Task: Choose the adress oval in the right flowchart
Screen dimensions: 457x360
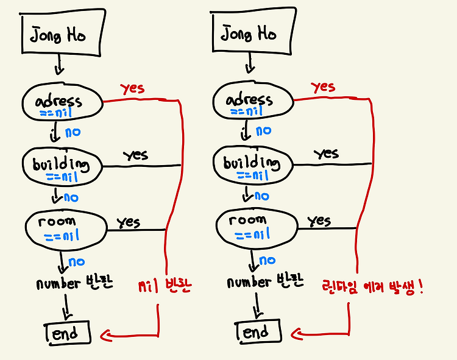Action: click(253, 102)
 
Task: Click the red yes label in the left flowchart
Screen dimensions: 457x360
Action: click(132, 89)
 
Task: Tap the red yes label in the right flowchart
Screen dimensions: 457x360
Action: click(323, 88)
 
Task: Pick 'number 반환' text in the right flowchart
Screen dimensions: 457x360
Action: click(264, 283)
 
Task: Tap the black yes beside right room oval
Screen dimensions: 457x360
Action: click(319, 221)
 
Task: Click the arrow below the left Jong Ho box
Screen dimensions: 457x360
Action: click(58, 63)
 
